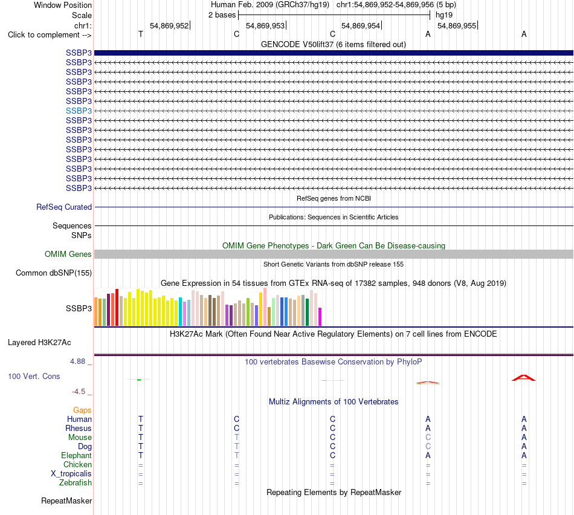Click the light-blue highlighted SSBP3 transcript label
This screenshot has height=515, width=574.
tap(79, 111)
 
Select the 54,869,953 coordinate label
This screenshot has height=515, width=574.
tap(265, 25)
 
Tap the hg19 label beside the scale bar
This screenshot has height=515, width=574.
tap(444, 15)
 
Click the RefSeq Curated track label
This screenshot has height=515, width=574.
tap(64, 207)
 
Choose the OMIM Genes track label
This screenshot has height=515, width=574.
tap(68, 254)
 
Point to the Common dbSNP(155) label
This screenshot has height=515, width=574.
tap(54, 273)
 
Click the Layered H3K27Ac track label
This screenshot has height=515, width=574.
tap(39, 343)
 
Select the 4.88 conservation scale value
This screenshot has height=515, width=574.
tap(77, 361)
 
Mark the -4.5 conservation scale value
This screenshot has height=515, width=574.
tap(79, 392)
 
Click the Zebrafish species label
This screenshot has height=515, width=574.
tap(76, 483)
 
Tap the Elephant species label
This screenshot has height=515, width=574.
tap(77, 455)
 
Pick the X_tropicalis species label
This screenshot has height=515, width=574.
tap(71, 474)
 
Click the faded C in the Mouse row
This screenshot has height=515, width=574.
tap(428, 438)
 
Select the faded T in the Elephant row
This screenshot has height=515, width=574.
tap(237, 455)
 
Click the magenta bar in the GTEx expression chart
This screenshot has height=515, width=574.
tap(320, 317)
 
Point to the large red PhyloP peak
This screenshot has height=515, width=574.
tap(523, 378)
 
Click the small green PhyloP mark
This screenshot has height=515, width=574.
tap(139, 380)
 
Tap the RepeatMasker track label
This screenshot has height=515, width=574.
tap(66, 500)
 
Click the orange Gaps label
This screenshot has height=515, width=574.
tap(82, 410)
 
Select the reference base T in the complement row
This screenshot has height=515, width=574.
tap(141, 34)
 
